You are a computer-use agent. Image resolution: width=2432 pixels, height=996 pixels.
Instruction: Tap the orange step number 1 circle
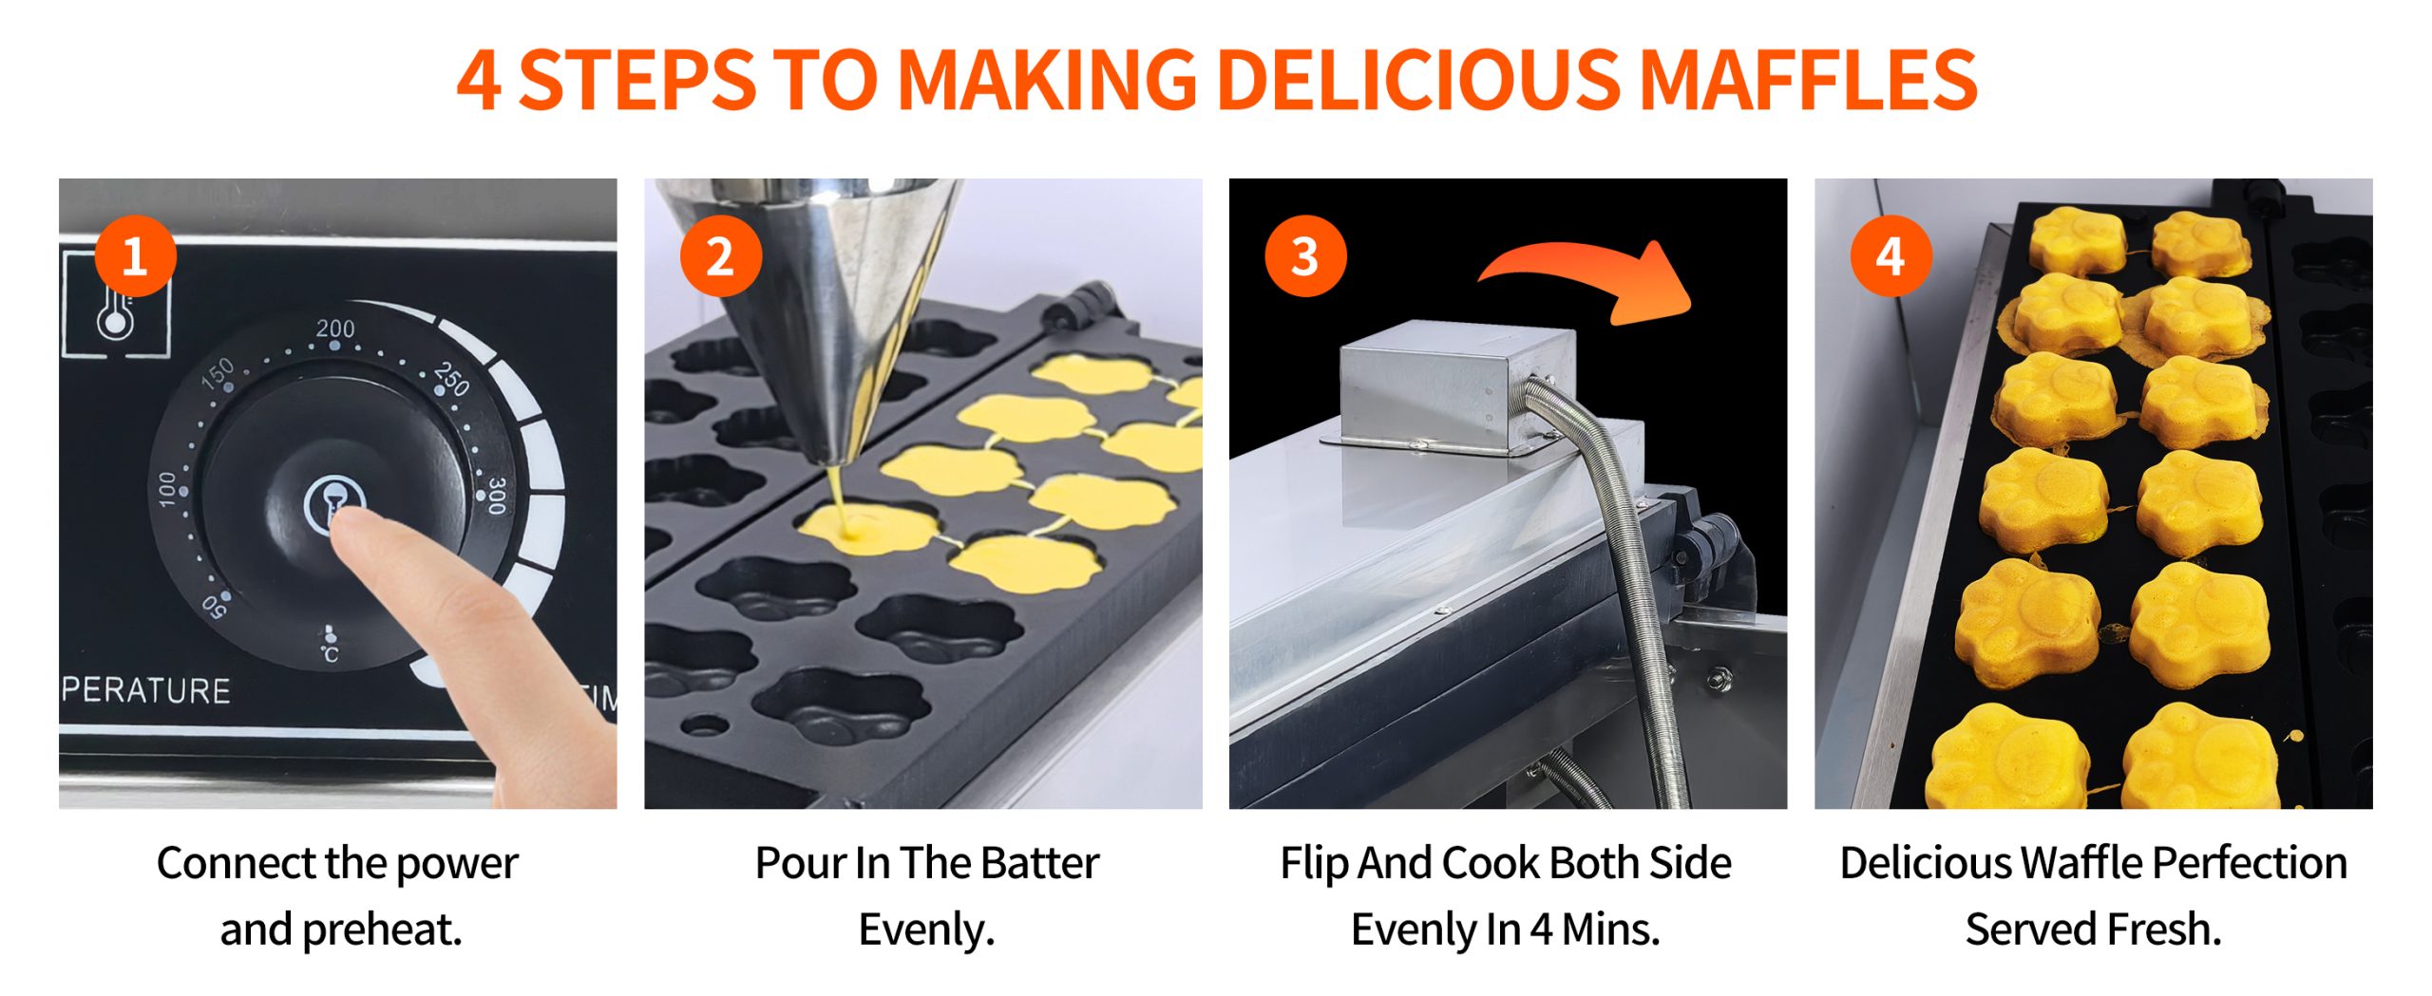[135, 256]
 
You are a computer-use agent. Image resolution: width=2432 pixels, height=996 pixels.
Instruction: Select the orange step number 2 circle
[721, 256]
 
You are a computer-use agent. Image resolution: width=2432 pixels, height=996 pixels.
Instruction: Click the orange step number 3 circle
[1305, 256]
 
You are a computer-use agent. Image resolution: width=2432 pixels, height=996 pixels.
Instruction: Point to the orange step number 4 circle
[1890, 256]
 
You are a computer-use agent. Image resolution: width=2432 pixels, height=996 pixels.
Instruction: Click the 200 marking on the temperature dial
[334, 329]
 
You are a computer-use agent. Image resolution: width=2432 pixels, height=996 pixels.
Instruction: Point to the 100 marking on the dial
[167, 489]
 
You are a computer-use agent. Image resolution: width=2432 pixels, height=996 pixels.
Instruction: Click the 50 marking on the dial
[215, 605]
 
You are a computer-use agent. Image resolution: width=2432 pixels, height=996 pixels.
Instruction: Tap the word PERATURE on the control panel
[145, 690]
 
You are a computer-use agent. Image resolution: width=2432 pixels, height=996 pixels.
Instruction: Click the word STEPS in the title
[638, 79]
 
